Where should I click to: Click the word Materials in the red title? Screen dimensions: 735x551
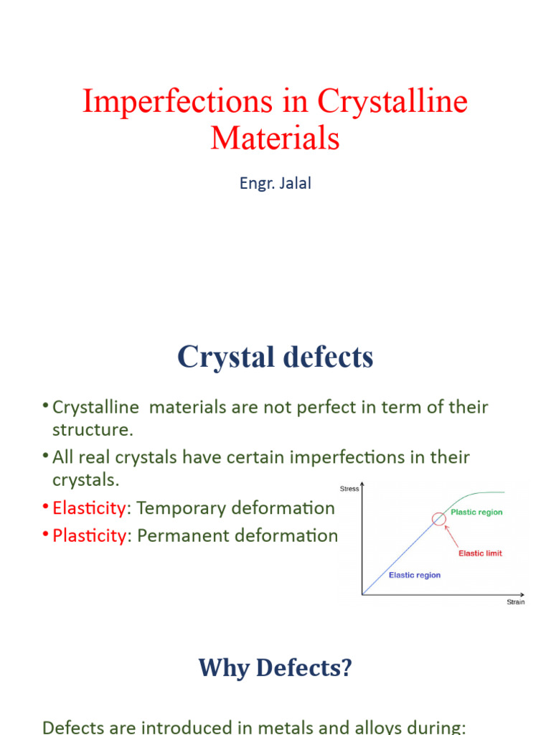point(275,137)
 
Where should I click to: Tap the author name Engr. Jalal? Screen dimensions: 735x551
point(275,183)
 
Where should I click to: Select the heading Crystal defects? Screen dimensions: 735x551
point(275,357)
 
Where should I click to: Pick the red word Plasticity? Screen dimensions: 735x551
point(88,535)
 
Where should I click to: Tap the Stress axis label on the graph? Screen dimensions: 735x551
point(349,489)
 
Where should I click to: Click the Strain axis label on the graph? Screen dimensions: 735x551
point(515,602)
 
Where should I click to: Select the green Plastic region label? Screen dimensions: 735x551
point(476,512)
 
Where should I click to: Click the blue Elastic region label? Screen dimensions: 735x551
point(415,575)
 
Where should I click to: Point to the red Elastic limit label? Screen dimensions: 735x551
point(480,553)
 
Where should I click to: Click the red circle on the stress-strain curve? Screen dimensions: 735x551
point(439,519)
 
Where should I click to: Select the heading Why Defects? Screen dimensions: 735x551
point(275,668)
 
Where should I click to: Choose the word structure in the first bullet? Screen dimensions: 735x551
point(93,430)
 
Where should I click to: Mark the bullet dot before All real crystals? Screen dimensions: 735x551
point(45,456)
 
